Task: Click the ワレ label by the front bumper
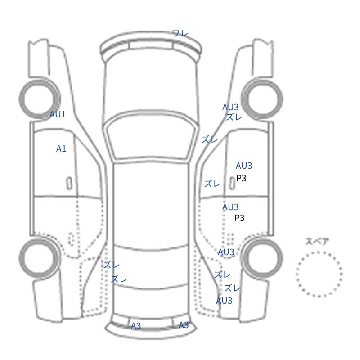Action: coord(180,33)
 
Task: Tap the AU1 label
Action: coord(58,114)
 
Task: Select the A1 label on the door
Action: coord(61,149)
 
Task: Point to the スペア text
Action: coord(314,242)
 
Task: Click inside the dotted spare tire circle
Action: coord(319,274)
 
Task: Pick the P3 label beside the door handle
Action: coord(241,178)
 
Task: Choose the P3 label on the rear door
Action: coord(239,218)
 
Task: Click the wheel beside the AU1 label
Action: coord(40,99)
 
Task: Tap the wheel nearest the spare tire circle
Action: coord(262,257)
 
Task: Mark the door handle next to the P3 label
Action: coord(232,184)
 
